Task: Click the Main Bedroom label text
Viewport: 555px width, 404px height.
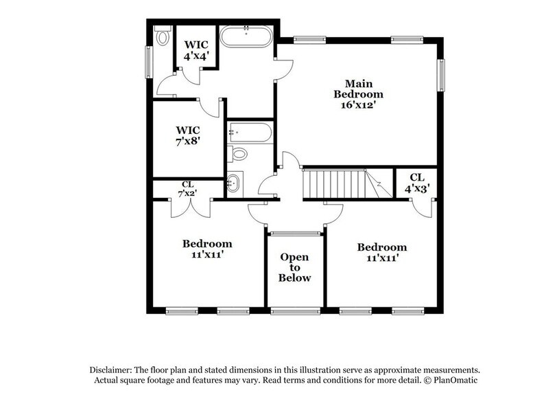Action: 358,89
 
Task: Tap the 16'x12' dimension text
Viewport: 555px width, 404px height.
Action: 358,105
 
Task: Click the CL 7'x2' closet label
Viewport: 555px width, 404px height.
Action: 187,189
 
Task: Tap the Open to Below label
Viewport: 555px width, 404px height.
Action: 294,267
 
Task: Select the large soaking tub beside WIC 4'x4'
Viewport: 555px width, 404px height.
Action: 245,36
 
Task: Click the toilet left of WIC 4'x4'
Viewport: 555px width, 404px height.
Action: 163,36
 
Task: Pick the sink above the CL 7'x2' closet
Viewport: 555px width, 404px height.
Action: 235,183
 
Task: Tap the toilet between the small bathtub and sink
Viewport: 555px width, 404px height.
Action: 239,153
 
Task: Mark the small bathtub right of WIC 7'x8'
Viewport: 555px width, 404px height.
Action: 250,131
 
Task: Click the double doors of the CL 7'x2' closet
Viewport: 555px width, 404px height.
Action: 187,209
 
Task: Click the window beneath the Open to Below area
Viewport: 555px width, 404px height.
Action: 294,311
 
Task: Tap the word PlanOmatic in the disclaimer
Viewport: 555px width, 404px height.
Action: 454,380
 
